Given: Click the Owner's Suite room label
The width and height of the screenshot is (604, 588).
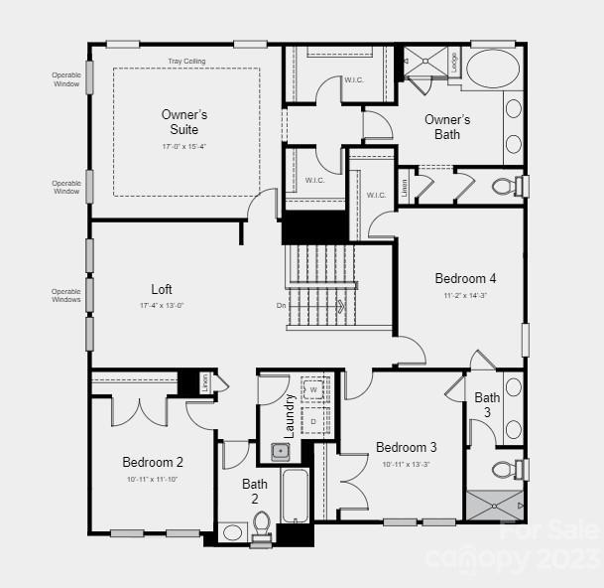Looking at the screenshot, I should (184, 122).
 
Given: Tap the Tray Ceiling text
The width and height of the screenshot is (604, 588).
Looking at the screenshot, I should (186, 62).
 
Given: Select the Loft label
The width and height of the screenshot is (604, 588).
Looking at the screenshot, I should (162, 289).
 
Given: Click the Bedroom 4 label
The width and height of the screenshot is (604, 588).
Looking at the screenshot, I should (465, 278).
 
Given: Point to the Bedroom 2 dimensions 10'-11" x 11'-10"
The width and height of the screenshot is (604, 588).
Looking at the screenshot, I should (153, 479).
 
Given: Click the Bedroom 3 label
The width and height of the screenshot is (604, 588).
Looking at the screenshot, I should (407, 447).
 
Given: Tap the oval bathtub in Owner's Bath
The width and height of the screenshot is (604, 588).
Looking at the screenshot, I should (492, 70).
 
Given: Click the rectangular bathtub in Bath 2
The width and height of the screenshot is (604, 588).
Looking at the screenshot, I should (296, 496).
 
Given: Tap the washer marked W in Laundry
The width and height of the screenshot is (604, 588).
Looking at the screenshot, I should (313, 390).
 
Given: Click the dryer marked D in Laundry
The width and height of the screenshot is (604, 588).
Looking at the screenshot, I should (313, 420).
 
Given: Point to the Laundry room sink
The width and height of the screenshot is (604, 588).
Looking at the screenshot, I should (281, 452).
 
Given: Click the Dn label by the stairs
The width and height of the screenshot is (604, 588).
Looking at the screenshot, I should (282, 305).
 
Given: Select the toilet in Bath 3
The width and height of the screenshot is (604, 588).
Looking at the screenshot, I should (506, 469).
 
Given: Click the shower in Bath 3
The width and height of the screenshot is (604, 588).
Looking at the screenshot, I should (493, 505).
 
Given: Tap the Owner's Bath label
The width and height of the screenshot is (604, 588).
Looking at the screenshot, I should (447, 126).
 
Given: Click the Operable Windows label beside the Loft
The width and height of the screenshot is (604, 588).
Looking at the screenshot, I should (66, 295).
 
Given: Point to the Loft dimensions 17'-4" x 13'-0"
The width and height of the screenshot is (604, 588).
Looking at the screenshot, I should (162, 306).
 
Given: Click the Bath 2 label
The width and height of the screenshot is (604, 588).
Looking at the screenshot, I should (255, 492).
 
